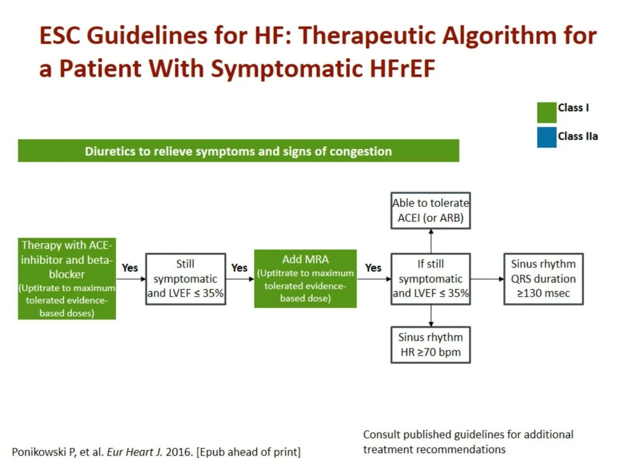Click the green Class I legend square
pos(546,112)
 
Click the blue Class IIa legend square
pos(546,137)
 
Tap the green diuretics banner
pos(238,151)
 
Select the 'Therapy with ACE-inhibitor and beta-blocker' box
pos(67,278)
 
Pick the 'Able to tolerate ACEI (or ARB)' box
pos(431,211)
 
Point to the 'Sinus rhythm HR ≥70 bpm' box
pos(431,345)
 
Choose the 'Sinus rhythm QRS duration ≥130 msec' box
pos(543,279)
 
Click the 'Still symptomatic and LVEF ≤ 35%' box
pos(186,279)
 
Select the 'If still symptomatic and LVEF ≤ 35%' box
pos(431,279)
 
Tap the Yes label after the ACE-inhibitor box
pos(130,268)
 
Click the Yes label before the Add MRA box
pos(240,268)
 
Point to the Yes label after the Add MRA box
pos(373,268)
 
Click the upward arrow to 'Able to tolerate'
pos(431,241)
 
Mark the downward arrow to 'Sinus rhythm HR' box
pos(431,316)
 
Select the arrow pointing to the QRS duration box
pos(487,279)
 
